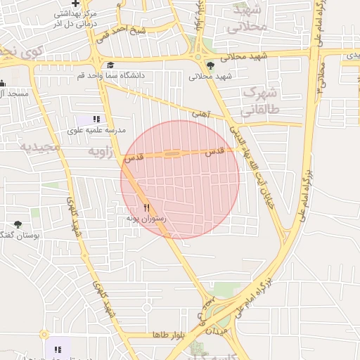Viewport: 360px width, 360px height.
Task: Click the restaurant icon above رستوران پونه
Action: (x=147, y=207)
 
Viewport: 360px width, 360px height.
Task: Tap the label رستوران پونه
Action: (x=146, y=219)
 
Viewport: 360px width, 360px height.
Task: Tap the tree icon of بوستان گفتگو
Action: (x=18, y=224)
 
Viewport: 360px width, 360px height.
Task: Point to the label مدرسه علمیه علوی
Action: (x=95, y=130)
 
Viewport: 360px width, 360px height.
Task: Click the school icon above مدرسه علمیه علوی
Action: (x=96, y=120)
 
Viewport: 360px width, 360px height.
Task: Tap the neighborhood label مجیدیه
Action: (x=35, y=148)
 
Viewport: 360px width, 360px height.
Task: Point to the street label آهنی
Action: (x=201, y=112)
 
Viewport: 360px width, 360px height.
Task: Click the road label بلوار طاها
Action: (x=167, y=335)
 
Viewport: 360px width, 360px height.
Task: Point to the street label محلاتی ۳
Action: (x=321, y=77)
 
